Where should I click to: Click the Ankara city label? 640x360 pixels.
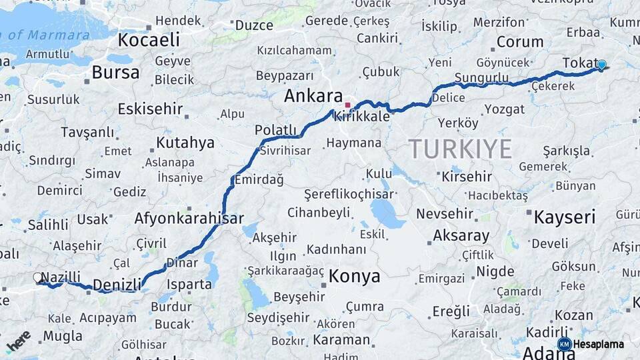click(x=313, y=96)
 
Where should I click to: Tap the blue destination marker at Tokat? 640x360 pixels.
click(x=601, y=65)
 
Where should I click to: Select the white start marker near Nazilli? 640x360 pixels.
click(x=37, y=277)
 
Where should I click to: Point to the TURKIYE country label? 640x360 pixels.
click(x=460, y=148)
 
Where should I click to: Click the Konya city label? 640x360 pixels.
click(x=355, y=276)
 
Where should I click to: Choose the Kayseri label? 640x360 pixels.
click(x=564, y=217)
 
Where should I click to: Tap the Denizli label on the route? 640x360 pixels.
click(x=117, y=285)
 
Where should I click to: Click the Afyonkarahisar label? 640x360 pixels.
click(x=189, y=218)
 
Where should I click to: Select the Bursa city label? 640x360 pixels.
click(x=115, y=72)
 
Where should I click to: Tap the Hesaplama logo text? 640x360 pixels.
click(x=598, y=344)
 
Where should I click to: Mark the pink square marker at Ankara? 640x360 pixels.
click(x=347, y=105)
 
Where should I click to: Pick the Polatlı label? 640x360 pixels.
click(x=275, y=129)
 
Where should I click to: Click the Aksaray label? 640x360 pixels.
click(x=461, y=235)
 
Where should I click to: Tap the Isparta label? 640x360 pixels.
click(x=190, y=284)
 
